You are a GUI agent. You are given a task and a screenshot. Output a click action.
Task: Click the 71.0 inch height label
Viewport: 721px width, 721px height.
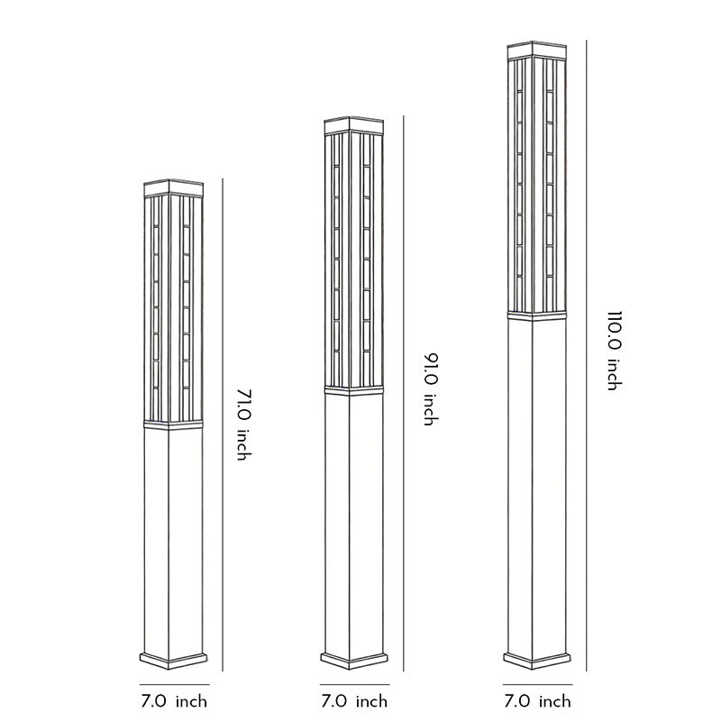[x=241, y=424]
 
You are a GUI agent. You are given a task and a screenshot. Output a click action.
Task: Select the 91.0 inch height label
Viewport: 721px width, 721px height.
[x=430, y=389]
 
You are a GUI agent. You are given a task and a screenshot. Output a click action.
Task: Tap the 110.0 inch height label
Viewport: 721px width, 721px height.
[x=614, y=351]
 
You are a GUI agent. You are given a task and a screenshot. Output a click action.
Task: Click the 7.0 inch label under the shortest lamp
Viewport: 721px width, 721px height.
[x=175, y=701]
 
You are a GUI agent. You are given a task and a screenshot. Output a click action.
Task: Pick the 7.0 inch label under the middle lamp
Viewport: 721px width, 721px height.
[x=354, y=701]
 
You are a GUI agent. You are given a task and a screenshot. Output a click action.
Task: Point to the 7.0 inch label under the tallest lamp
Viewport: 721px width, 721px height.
[x=536, y=701]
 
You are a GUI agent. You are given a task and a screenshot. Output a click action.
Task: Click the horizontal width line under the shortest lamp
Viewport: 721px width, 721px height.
[x=175, y=684]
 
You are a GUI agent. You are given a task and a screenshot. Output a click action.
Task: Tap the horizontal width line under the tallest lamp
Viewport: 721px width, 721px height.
[x=536, y=684]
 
